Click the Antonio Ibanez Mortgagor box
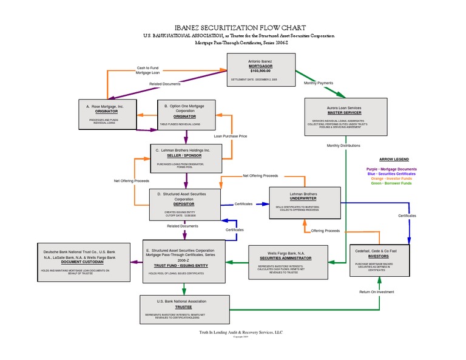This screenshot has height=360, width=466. (x=261, y=70)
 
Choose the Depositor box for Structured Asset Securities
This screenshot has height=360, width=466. (x=184, y=205)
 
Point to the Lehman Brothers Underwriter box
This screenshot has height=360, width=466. (x=303, y=203)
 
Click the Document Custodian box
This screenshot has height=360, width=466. (x=83, y=263)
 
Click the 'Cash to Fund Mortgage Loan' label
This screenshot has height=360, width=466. (x=147, y=70)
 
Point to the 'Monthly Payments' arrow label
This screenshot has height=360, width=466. (x=318, y=83)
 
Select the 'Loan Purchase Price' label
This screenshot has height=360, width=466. (x=230, y=136)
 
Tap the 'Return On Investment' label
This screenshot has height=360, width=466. (x=377, y=291)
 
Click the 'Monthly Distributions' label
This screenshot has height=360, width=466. (x=343, y=146)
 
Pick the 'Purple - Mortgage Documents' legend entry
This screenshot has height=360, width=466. (x=391, y=169)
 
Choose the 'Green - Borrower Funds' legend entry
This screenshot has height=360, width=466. (x=391, y=183)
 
